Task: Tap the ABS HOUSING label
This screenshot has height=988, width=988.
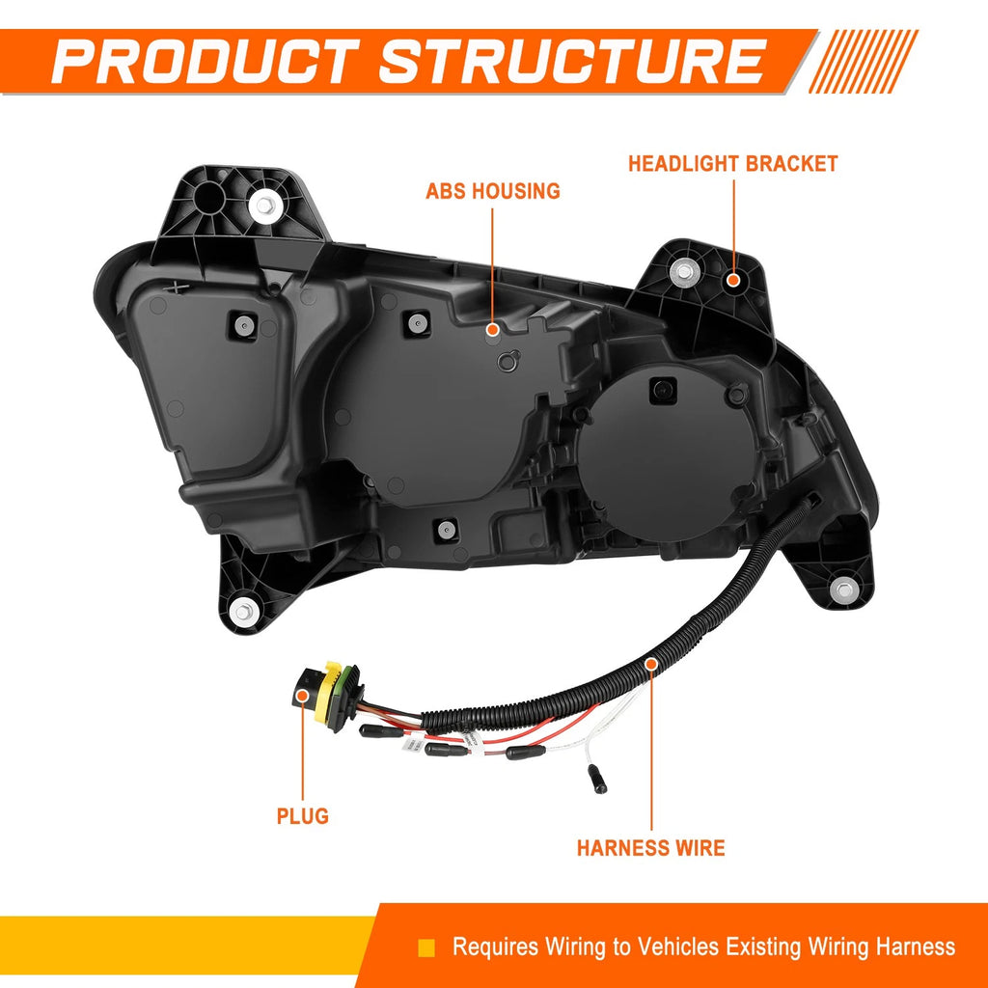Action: pyautogui.click(x=493, y=191)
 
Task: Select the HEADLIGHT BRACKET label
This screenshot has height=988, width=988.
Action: pyautogui.click(x=733, y=164)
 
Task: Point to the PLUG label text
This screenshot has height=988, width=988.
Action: pyautogui.click(x=302, y=816)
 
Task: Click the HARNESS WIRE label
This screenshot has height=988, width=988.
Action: pyautogui.click(x=651, y=848)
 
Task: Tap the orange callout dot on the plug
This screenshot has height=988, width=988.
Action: pyautogui.click(x=302, y=696)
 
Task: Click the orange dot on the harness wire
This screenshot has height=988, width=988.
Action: pyautogui.click(x=651, y=664)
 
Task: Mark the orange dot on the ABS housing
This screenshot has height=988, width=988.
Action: pyautogui.click(x=493, y=329)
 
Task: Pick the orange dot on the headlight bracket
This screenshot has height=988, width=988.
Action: pyautogui.click(x=733, y=280)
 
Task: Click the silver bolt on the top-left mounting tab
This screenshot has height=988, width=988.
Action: pyautogui.click(x=264, y=205)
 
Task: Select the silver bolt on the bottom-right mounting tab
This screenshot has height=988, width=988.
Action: pyautogui.click(x=843, y=590)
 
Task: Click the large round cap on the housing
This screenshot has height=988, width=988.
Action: pyautogui.click(x=667, y=453)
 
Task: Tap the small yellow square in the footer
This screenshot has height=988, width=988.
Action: pyautogui.click(x=426, y=947)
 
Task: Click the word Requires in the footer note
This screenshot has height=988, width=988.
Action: pyautogui.click(x=496, y=947)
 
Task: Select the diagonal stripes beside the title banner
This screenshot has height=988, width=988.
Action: pyautogui.click(x=864, y=61)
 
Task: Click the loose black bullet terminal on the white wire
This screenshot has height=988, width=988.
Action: pyautogui.click(x=596, y=779)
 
